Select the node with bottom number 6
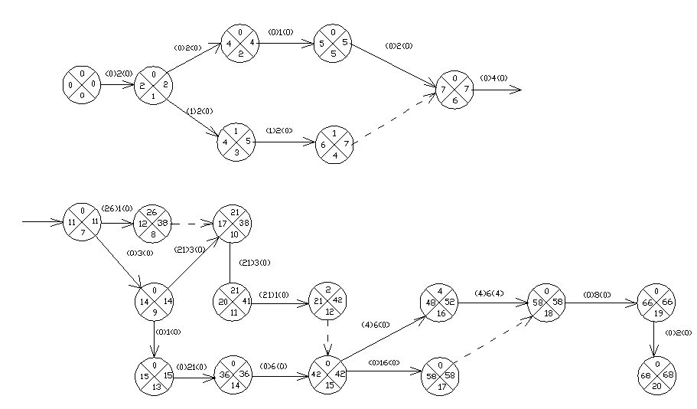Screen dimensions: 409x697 (x=455, y=90)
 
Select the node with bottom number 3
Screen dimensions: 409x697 (x=236, y=142)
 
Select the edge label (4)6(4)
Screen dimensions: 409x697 (x=490, y=292)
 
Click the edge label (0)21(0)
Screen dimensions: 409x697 (x=191, y=365)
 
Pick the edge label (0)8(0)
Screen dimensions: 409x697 (x=596, y=293)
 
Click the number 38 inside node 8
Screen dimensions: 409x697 (x=164, y=224)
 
